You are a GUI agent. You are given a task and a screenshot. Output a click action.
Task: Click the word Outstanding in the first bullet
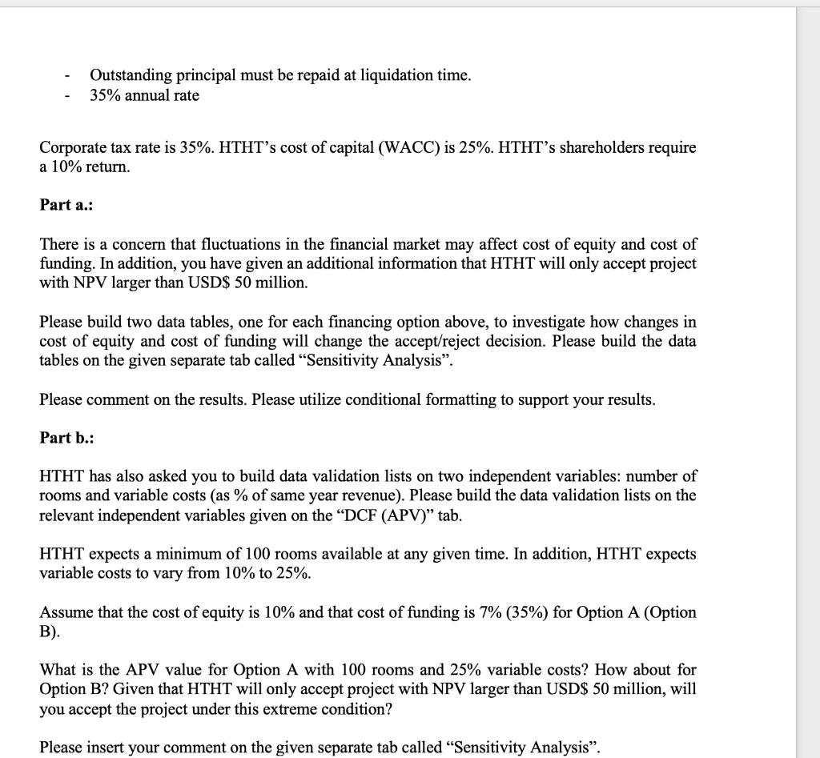click(131, 75)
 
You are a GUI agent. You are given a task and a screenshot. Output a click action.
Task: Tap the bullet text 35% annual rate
click(145, 95)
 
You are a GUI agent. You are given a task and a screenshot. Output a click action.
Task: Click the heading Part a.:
click(66, 205)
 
